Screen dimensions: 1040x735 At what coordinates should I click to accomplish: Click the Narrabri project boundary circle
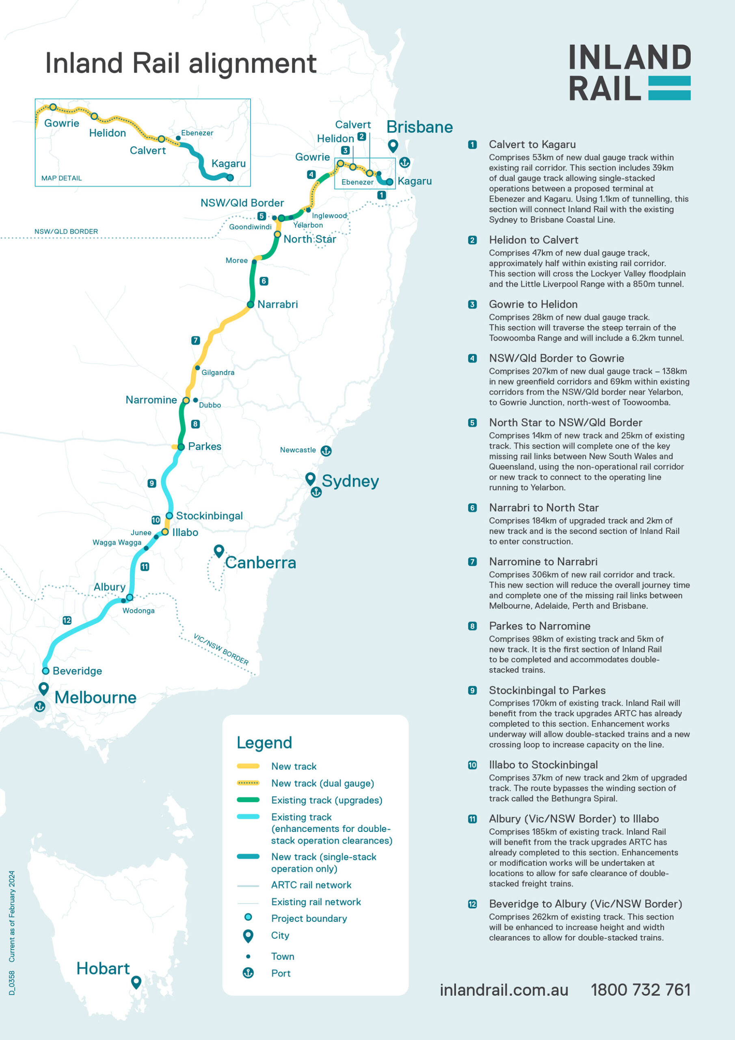(250, 304)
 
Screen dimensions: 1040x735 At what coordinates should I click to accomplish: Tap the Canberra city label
(260, 563)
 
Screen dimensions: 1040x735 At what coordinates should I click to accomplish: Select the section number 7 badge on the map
(196, 340)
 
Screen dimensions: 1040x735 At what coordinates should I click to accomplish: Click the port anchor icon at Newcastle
(326, 451)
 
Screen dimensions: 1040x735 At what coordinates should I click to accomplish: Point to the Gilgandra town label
(218, 373)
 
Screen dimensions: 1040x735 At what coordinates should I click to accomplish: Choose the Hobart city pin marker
(136, 982)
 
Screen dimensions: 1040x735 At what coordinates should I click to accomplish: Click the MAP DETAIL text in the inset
(62, 178)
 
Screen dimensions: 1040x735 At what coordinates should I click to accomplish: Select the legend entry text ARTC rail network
(311, 885)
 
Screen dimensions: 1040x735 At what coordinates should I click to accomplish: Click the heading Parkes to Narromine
(539, 626)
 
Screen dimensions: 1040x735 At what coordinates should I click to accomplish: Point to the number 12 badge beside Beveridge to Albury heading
(472, 903)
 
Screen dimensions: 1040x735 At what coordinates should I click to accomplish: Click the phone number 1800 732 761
(640, 990)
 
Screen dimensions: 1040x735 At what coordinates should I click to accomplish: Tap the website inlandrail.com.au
(504, 990)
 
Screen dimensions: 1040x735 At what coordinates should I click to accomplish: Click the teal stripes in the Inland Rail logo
(669, 88)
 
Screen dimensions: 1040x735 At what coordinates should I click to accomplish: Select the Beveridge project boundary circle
(46, 671)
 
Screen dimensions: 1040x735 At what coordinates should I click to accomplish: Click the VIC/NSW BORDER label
(221, 649)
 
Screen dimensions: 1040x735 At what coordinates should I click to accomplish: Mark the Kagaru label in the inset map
(228, 164)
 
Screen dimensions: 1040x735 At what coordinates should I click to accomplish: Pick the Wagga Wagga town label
(117, 542)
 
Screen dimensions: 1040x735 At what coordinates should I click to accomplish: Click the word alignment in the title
(252, 63)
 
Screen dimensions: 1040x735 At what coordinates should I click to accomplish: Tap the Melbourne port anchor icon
(40, 706)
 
